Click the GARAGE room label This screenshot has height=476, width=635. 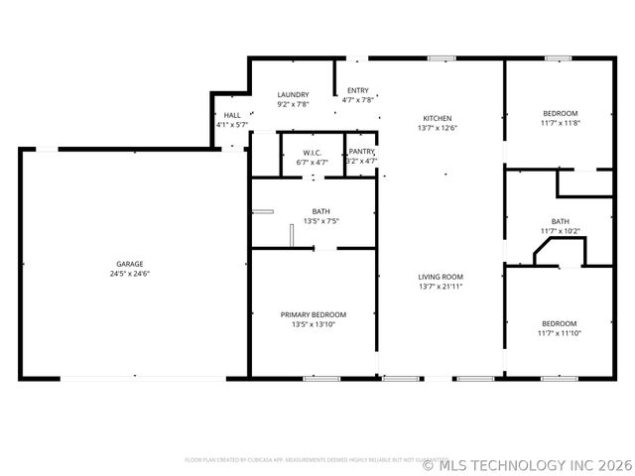(130, 264)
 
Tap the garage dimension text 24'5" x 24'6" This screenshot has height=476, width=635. (130, 274)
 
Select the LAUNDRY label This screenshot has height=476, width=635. (293, 94)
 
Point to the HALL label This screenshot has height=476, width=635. (232, 116)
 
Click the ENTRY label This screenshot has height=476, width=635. (357, 90)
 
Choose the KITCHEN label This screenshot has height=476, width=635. (438, 118)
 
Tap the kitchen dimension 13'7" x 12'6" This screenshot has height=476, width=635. (438, 128)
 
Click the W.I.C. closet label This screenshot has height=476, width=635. (314, 153)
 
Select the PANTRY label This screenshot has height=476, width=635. (361, 151)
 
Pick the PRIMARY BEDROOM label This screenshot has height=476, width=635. (313, 314)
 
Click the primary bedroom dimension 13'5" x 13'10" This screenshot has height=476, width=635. (313, 324)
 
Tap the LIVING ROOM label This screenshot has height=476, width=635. (441, 277)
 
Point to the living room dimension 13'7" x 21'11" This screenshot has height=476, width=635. (441, 287)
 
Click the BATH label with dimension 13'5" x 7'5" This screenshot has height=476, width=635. (321, 211)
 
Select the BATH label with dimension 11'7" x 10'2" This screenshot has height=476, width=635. (561, 221)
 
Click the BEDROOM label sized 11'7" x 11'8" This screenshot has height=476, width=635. (560, 113)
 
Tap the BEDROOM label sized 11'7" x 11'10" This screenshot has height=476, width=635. (560, 323)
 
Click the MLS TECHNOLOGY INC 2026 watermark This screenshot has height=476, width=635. (527, 463)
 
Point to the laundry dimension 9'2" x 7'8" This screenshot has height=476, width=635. (293, 104)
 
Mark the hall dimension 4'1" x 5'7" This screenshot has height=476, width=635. (232, 126)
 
